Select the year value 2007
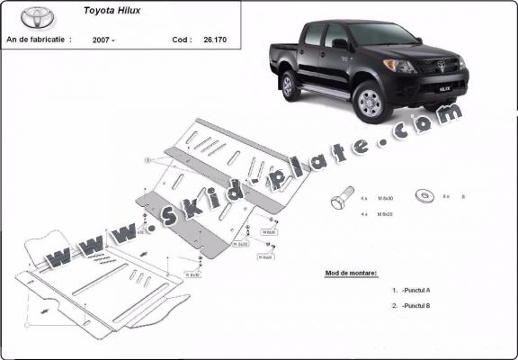[x=103, y=40]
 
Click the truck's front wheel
[x=369, y=103]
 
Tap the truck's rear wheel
[x=290, y=85]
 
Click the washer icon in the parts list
[x=420, y=195]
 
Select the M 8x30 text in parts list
[x=386, y=196]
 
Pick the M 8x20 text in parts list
[x=386, y=214]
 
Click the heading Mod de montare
[x=352, y=272]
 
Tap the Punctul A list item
[x=416, y=290]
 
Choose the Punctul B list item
[x=416, y=306]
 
